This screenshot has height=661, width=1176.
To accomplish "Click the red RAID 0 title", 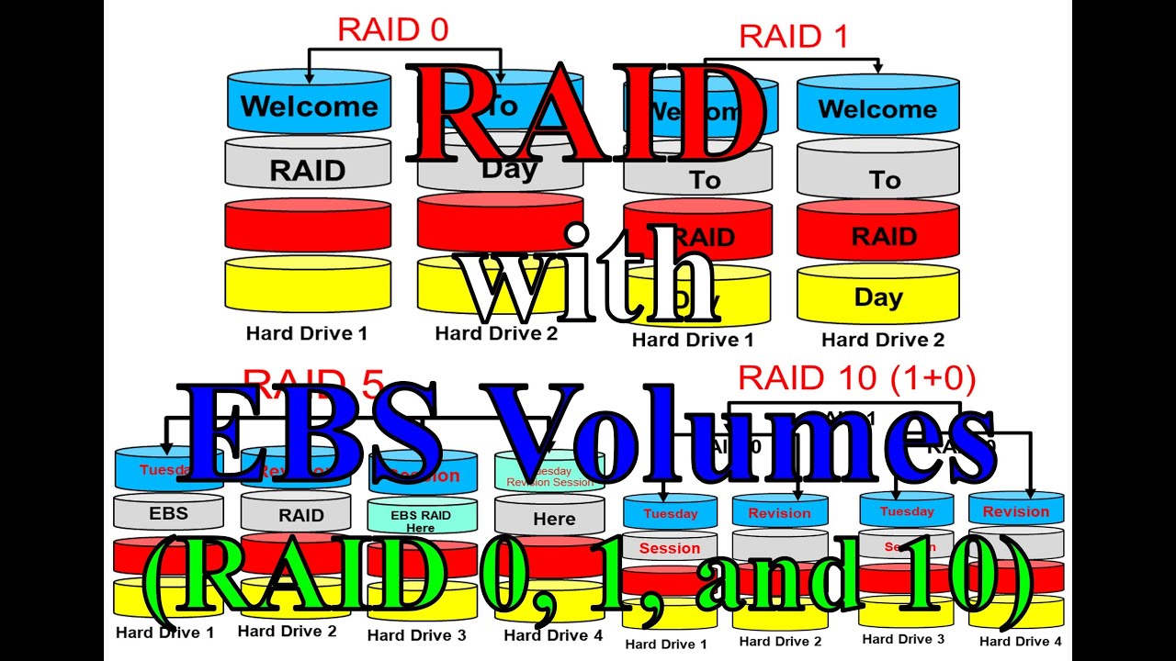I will tap(392, 29).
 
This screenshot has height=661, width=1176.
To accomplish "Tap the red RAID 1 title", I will tap(793, 37).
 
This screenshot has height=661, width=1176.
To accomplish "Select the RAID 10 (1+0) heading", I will tap(856, 377).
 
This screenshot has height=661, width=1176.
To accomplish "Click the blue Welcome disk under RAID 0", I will tap(309, 106).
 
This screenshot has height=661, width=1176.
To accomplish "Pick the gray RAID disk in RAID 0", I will tap(308, 170).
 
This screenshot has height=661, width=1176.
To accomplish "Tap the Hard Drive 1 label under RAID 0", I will tap(306, 333).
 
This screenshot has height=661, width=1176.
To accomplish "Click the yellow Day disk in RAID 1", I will tap(877, 297).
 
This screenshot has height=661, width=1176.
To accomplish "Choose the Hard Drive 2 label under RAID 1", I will tap(882, 340).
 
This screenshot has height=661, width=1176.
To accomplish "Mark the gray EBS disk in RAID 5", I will tap(168, 513).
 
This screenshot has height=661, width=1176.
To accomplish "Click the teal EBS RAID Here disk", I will tap(422, 517).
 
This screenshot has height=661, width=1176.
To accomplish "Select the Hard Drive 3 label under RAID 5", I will tap(416, 634).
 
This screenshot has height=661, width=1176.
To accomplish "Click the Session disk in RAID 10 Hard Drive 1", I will tap(670, 548).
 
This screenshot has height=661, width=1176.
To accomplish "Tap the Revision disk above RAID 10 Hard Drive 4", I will tap(1015, 511).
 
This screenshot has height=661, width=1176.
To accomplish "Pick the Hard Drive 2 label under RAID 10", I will tap(780, 642).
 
